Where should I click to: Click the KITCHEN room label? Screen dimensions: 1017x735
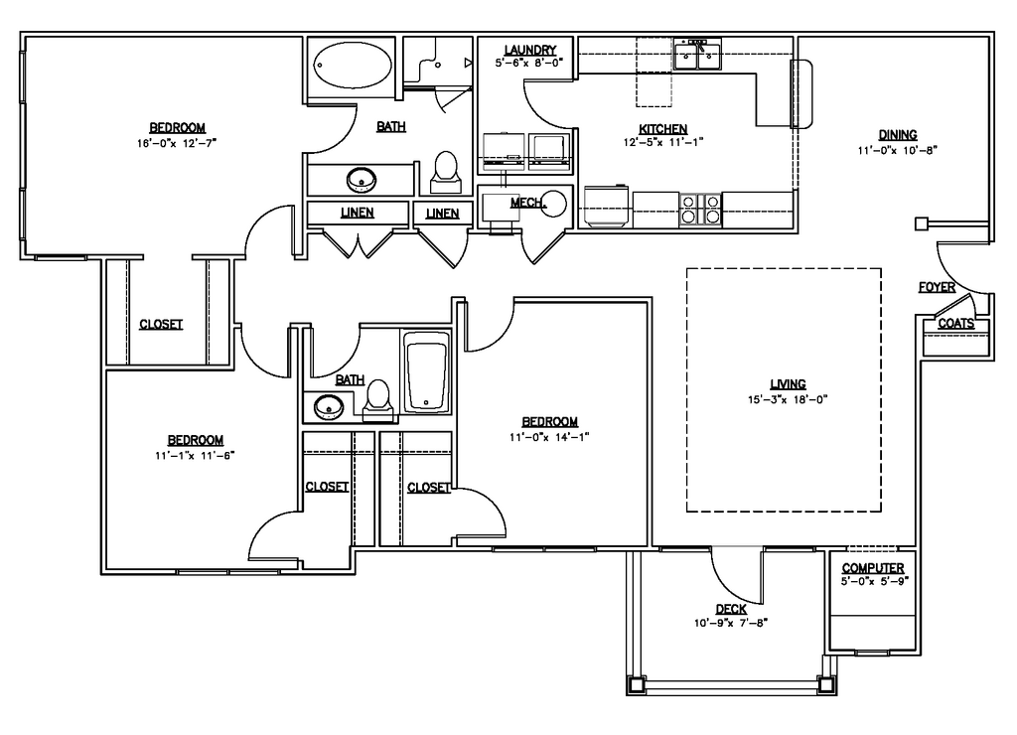(x=662, y=128)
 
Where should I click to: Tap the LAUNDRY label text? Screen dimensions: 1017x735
(x=530, y=50)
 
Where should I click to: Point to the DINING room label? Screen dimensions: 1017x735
(x=898, y=135)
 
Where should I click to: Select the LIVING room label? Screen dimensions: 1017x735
(x=788, y=384)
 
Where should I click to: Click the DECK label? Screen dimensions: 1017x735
(x=731, y=609)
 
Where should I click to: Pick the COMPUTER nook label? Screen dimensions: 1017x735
(x=873, y=567)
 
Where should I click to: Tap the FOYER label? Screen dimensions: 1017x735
(x=937, y=287)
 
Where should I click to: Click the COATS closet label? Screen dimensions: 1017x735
(x=956, y=323)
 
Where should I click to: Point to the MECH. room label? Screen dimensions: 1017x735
(x=528, y=203)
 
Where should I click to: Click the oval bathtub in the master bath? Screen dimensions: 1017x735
(x=353, y=66)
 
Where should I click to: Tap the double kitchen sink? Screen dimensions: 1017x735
(x=697, y=56)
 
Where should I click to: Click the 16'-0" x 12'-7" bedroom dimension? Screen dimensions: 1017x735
(x=177, y=143)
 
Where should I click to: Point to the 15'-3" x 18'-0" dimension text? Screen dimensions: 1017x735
(x=788, y=399)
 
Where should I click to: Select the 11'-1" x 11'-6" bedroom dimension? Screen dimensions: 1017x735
(x=195, y=455)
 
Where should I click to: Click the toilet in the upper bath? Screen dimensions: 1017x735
(x=446, y=171)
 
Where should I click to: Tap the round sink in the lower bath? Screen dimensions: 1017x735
(x=329, y=407)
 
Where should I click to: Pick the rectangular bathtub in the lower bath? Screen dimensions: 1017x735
(x=427, y=373)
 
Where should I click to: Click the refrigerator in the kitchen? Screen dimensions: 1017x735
(x=607, y=207)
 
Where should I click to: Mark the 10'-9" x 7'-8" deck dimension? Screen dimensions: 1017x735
(x=731, y=623)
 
